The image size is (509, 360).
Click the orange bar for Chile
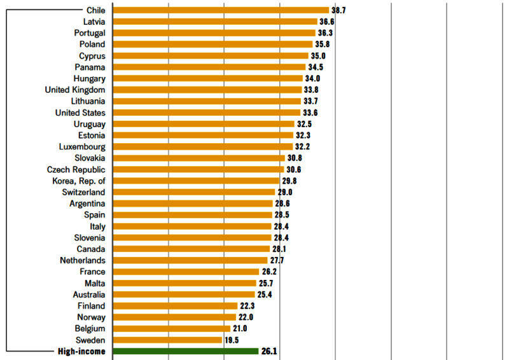(220, 10)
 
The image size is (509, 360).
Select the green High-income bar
(185, 351)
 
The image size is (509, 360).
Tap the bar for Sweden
(167, 340)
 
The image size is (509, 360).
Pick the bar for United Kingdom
(207, 90)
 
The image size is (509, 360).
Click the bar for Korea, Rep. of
(195, 181)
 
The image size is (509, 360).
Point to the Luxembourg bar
(202, 146)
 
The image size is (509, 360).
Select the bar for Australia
(183, 294)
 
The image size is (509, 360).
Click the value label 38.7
(339, 10)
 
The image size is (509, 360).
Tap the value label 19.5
(232, 340)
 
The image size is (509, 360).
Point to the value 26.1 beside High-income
(269, 351)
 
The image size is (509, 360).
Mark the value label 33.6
(310, 113)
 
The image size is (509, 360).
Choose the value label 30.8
(295, 158)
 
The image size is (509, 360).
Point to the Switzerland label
(84, 192)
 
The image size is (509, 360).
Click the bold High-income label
(81, 351)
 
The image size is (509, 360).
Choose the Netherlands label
(83, 260)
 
